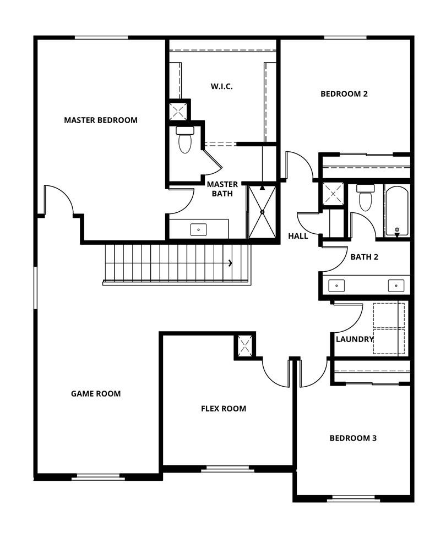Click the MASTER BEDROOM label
tap(101, 120)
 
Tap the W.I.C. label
tap(221, 86)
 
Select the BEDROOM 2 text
tap(344, 94)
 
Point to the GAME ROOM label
tap(96, 393)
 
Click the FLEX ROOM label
tap(223, 408)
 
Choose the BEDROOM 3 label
tap(353, 438)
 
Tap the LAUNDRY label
tap(355, 339)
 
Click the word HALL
tap(298, 236)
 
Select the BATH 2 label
tap(365, 256)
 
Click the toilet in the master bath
tap(184, 140)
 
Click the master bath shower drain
tap(262, 212)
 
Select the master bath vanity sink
tap(198, 229)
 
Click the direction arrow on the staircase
tap(230, 263)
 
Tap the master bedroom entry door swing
tap(59, 199)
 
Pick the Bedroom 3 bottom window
tap(353, 499)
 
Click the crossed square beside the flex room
tap(244, 346)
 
